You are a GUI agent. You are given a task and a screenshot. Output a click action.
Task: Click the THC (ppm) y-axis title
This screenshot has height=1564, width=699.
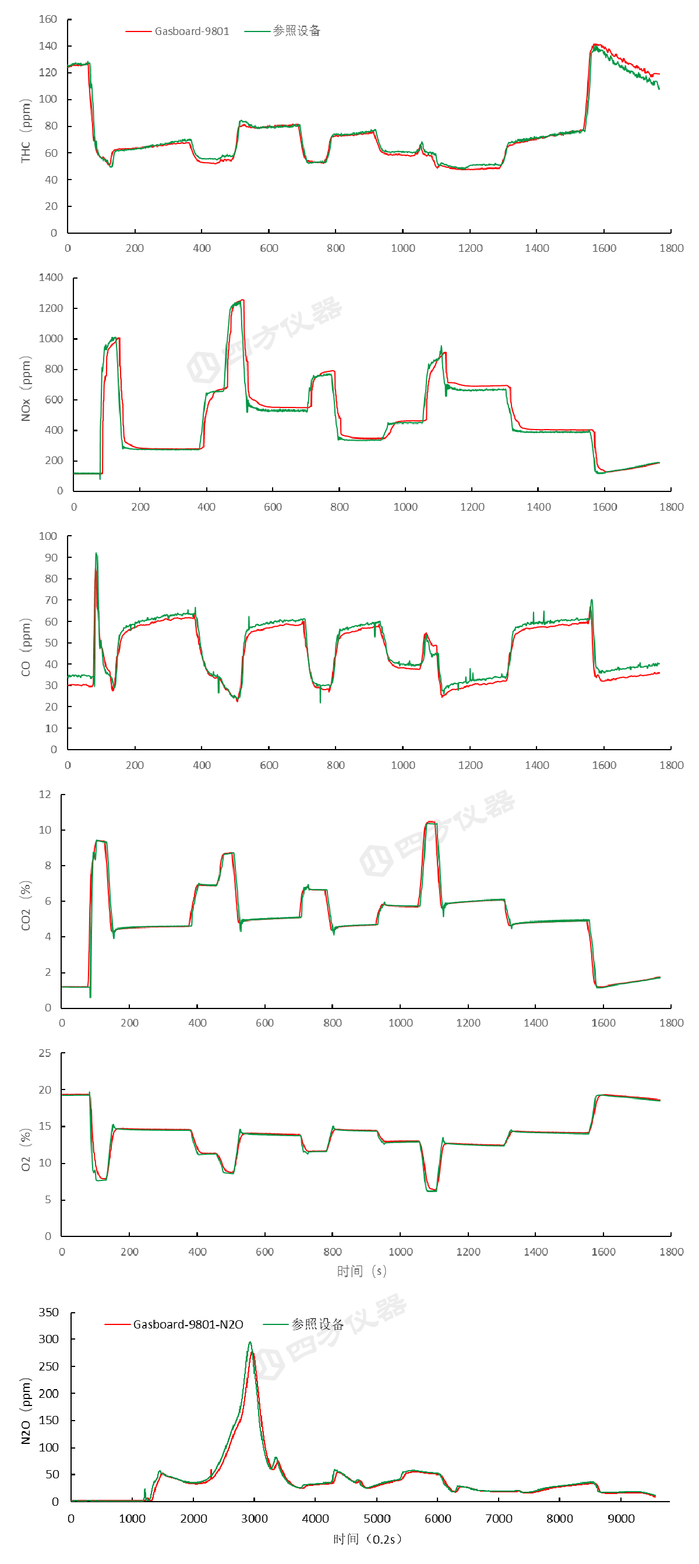click(x=26, y=131)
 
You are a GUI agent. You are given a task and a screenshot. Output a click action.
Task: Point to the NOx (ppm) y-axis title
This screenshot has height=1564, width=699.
click(x=26, y=389)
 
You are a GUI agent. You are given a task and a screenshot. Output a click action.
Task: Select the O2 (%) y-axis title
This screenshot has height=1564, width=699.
click(x=26, y=1150)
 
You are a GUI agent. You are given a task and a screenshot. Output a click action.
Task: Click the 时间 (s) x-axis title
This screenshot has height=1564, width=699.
click(x=362, y=1271)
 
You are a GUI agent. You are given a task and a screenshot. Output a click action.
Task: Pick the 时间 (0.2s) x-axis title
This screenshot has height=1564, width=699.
click(x=368, y=1539)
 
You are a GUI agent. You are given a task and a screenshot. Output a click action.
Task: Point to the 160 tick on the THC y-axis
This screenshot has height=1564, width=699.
click(x=48, y=19)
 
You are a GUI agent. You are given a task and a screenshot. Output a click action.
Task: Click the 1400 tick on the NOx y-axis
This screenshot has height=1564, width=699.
click(x=51, y=277)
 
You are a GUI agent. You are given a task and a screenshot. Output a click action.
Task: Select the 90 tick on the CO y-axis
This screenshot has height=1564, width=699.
click(x=51, y=557)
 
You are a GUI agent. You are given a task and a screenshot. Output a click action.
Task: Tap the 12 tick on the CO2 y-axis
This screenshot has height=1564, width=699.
click(x=45, y=795)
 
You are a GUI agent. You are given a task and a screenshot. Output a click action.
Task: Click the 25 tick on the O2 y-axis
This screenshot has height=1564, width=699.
click(x=45, y=1053)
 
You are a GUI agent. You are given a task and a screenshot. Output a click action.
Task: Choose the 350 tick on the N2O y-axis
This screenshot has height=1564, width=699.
click(x=48, y=1313)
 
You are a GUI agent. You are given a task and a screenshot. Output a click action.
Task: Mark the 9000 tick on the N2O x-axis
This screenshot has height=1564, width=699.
click(x=621, y=1519)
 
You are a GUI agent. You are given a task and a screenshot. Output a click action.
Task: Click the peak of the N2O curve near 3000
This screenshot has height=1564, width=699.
click(x=250, y=1343)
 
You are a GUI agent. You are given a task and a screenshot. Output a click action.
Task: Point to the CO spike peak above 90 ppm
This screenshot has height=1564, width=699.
click(x=96, y=554)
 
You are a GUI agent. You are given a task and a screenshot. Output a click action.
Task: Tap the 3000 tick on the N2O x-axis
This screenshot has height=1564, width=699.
click(x=254, y=1519)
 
